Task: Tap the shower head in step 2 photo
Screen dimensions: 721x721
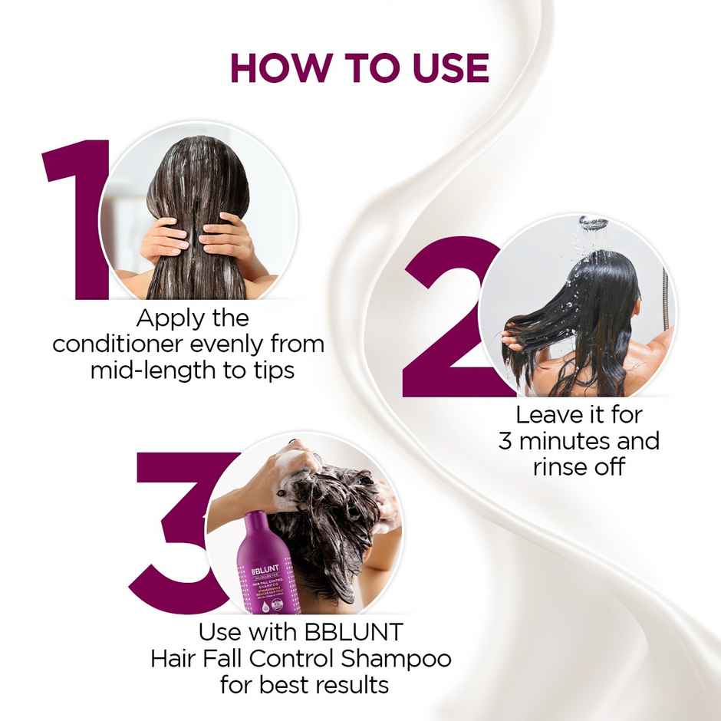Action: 593,222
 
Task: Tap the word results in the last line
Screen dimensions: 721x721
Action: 345,684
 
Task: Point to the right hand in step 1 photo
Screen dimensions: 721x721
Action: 230,238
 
